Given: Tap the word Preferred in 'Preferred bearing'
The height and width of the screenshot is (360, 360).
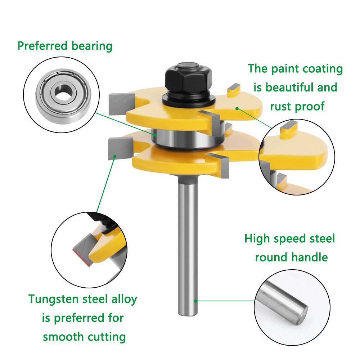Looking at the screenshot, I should [42, 46].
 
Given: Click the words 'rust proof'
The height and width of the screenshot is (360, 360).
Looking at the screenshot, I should [297, 106].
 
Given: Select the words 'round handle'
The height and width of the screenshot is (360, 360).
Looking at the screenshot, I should [291, 257].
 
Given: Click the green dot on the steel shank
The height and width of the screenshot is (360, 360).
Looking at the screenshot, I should [195, 300].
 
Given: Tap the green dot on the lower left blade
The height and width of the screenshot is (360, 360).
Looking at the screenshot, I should [114, 156].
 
